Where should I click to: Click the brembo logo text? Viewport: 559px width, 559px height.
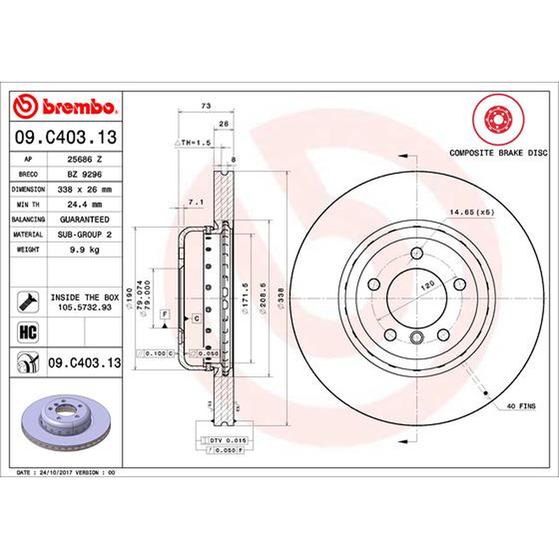pos(79,107)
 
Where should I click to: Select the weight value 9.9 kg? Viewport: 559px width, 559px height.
pos(85,249)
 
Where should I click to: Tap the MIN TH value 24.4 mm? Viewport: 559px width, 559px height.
pos(85,205)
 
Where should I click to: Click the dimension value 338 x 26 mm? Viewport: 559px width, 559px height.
pos(85,189)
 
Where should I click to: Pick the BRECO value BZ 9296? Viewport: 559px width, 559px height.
pos(85,174)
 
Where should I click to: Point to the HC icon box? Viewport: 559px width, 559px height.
pos(28,332)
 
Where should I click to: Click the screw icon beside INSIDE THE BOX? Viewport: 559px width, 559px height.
pos(28,302)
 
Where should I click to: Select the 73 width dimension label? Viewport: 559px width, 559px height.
pos(206,106)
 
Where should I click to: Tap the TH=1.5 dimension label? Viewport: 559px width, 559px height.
pos(193,143)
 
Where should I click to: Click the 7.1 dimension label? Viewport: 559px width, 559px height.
pos(196,202)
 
